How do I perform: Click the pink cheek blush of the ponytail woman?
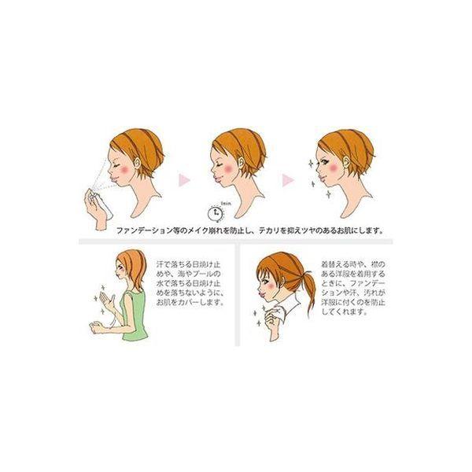pyautogui.click(x=271, y=290)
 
